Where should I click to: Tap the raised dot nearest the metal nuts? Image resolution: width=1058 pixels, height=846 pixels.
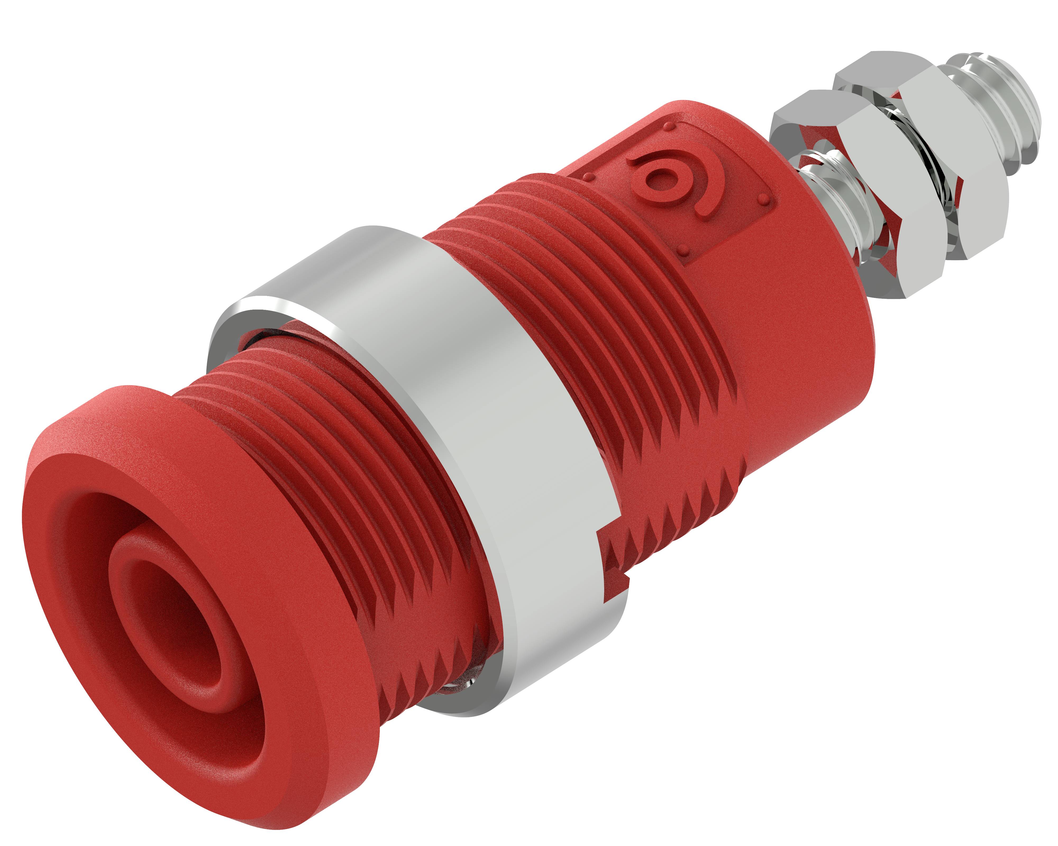[x=763, y=199]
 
